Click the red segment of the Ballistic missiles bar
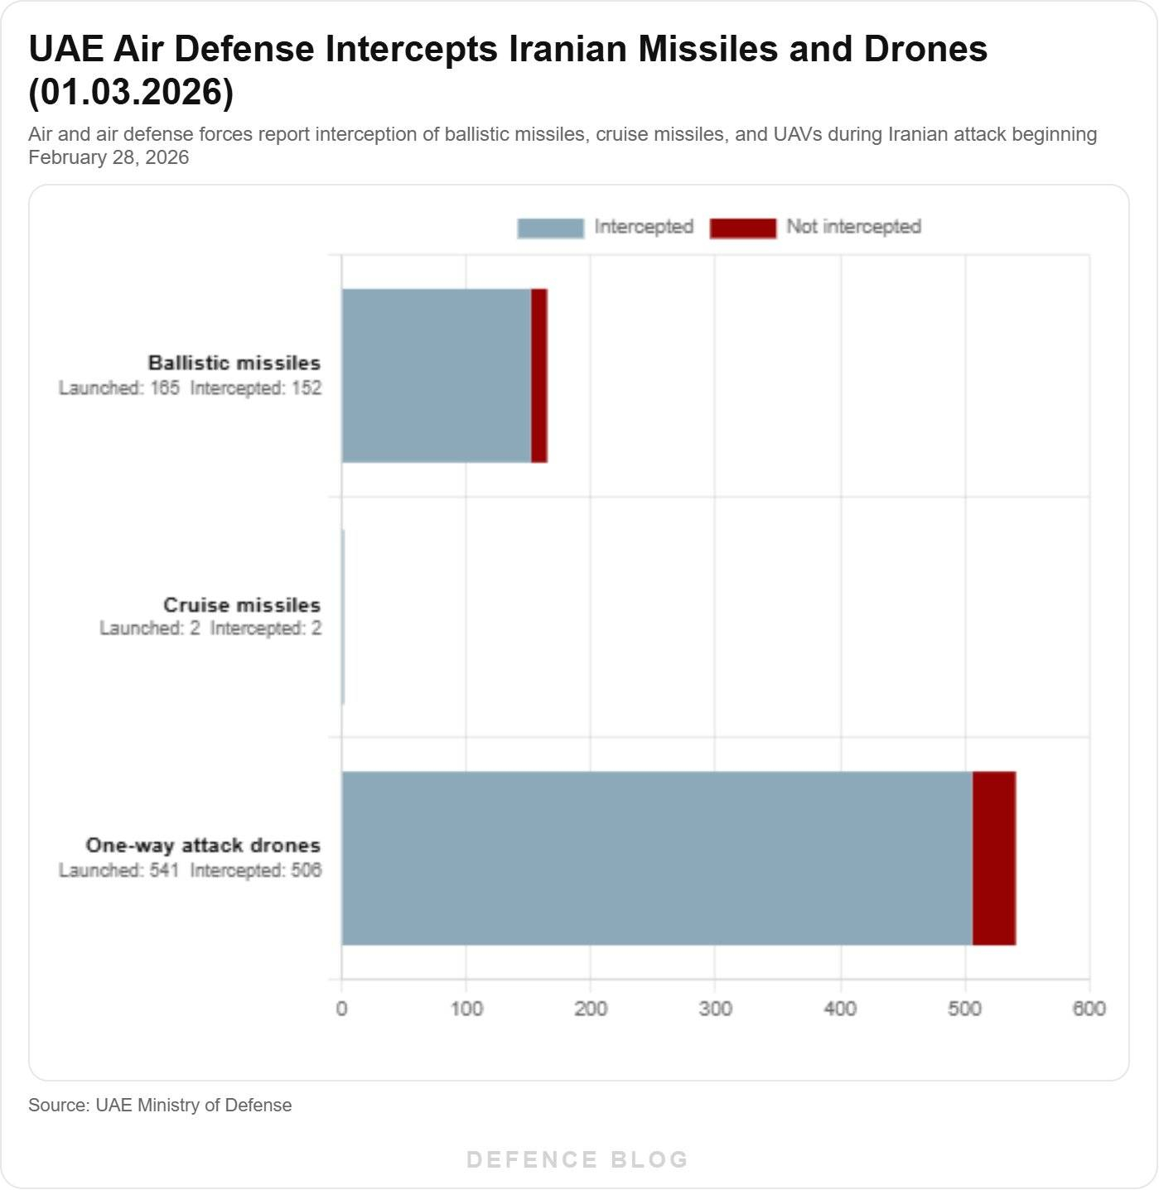point(539,375)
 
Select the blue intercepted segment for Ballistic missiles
point(437,375)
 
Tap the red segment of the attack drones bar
point(994,858)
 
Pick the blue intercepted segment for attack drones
point(657,858)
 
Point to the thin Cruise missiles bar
point(343,617)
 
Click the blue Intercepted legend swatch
point(550,228)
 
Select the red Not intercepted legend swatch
point(743,228)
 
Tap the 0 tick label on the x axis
point(341,1008)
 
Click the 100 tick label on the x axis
point(466,1008)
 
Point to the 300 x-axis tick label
point(716,1008)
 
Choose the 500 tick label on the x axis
point(965,1008)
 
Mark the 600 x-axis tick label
point(1089,1008)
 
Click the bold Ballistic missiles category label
point(234,363)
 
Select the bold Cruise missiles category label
point(242,605)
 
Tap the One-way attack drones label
point(203,846)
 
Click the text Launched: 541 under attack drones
point(118,870)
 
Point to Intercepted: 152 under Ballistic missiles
point(256,388)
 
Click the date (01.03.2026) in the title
point(131,91)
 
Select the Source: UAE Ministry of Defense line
point(160,1105)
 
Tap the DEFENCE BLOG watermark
point(577,1159)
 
